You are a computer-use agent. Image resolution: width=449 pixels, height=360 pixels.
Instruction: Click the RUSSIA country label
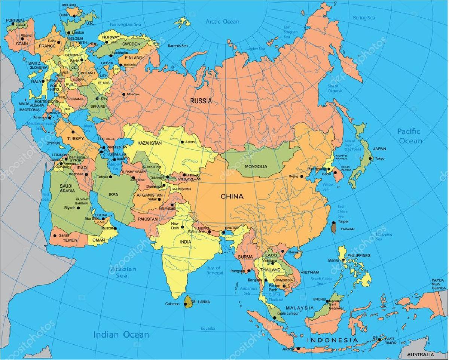[201, 101]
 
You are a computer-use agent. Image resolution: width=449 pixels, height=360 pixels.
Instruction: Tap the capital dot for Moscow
[124, 94]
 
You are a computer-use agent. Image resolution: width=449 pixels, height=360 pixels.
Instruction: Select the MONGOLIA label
[256, 166]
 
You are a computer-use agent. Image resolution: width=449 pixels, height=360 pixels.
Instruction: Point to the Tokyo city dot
[370, 159]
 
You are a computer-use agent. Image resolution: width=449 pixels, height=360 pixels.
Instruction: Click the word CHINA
[232, 196]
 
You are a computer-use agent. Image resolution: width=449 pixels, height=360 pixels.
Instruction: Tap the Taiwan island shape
[334, 227]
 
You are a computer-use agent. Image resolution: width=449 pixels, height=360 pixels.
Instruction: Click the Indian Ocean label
[121, 335]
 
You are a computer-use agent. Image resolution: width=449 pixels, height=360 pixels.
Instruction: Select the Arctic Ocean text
[222, 21]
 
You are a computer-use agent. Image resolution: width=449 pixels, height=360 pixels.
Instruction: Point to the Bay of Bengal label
[215, 270]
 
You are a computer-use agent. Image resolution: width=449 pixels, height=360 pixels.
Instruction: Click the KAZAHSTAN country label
[150, 143]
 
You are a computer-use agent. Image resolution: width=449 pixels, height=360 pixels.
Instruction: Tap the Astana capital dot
[182, 142]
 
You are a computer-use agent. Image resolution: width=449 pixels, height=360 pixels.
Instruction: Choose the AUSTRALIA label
[421, 354]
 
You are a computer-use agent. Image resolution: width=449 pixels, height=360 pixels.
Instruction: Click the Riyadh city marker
[78, 208]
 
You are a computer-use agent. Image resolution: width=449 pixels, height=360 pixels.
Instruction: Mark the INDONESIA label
[332, 340]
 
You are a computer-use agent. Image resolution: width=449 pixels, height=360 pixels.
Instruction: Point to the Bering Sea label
[364, 18]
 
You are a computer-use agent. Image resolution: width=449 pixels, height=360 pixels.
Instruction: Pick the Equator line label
[208, 328]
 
